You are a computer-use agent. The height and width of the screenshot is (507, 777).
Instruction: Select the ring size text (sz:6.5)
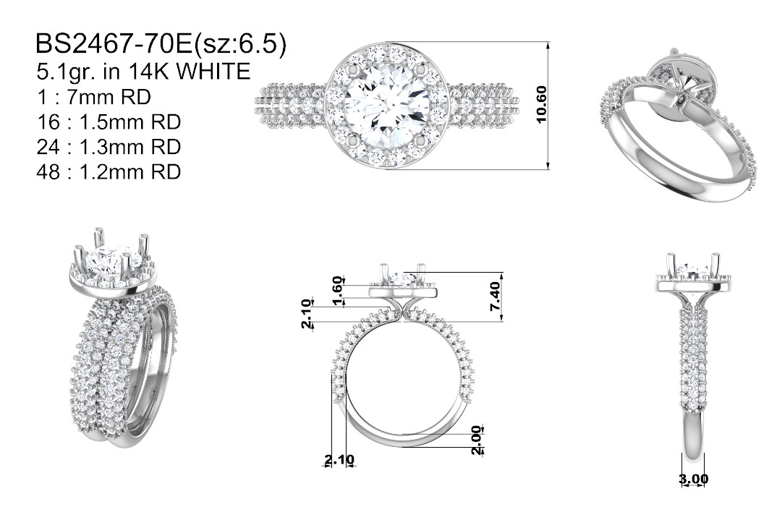click(x=239, y=44)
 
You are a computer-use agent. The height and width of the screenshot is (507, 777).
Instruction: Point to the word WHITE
click(x=213, y=72)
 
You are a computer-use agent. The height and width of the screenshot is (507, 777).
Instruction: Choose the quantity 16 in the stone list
click(x=48, y=122)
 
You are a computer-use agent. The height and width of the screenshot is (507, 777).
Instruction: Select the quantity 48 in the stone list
click(x=48, y=172)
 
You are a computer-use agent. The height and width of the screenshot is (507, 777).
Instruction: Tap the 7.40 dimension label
click(x=495, y=296)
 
